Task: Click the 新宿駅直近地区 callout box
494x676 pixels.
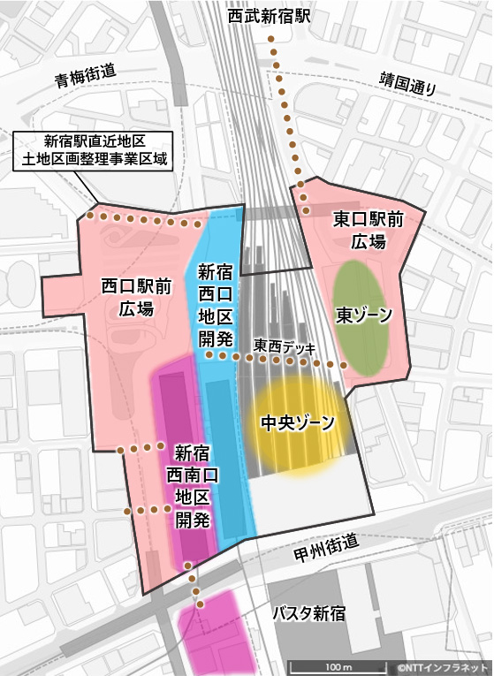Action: click(95, 149)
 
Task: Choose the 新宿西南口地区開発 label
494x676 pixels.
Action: click(192, 486)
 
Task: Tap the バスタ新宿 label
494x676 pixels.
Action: click(308, 613)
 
